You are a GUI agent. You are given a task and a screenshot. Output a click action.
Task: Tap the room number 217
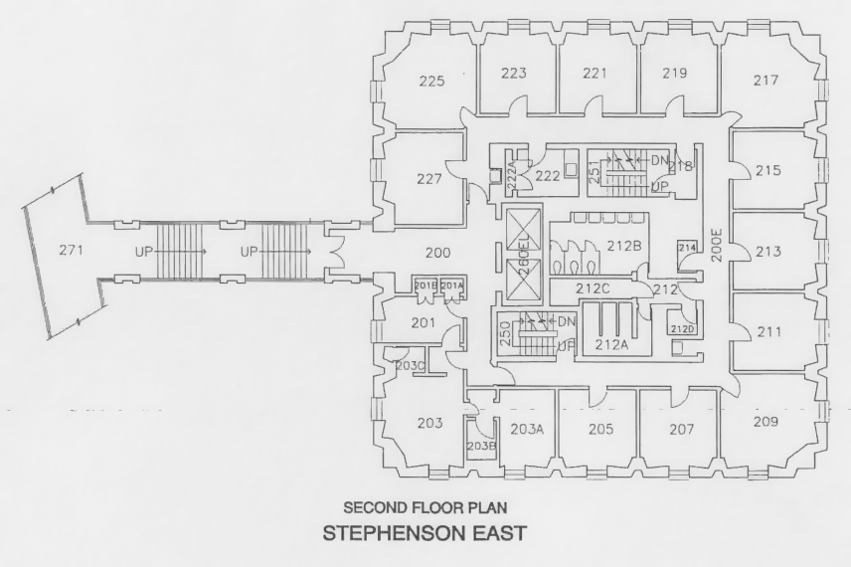766,81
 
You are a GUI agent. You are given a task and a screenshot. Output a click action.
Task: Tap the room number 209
766,422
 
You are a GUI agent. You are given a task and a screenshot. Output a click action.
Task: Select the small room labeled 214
687,247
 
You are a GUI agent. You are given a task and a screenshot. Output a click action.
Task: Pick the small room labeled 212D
681,329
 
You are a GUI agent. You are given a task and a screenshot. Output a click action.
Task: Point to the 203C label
411,365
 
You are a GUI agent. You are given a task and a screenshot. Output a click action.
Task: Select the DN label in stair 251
659,159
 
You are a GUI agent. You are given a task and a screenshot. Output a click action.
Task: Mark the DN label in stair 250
566,320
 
